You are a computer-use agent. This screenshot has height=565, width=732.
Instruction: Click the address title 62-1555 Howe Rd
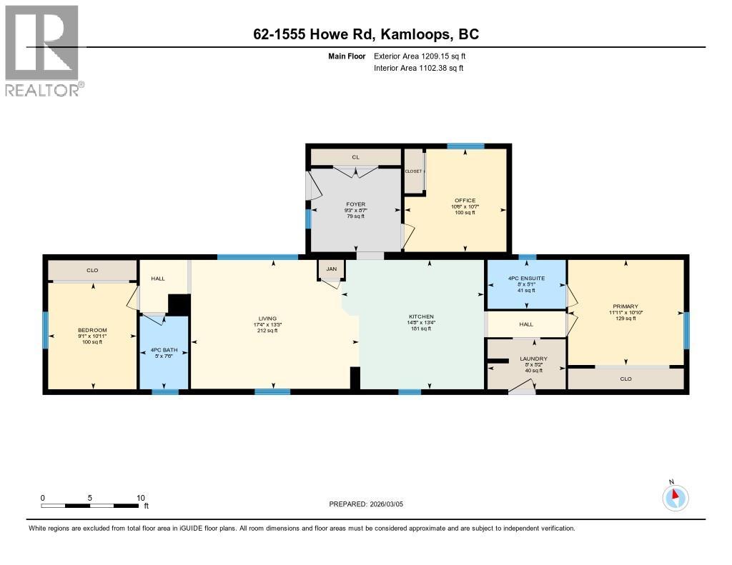[x=367, y=34]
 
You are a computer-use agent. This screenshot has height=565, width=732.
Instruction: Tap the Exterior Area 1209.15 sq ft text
[x=420, y=56]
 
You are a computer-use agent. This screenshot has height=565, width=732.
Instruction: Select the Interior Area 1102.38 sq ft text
[x=418, y=69]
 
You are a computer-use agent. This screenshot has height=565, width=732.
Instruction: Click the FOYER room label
[x=355, y=204]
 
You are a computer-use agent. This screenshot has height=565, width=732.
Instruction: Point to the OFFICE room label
[x=465, y=200]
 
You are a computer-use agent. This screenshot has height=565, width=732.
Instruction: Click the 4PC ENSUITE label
[x=526, y=279]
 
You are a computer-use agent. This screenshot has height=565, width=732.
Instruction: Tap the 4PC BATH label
[x=164, y=350]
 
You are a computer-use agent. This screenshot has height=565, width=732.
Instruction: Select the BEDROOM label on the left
[x=92, y=330]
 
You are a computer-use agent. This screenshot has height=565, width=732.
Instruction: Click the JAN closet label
[x=331, y=269]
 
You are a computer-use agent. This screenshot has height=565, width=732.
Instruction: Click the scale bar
[x=90, y=506]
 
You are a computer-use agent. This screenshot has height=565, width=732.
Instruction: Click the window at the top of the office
[x=465, y=146]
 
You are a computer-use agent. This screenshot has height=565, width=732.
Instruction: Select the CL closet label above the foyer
[x=355, y=156]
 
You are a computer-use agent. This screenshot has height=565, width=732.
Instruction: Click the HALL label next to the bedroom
[x=158, y=278]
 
